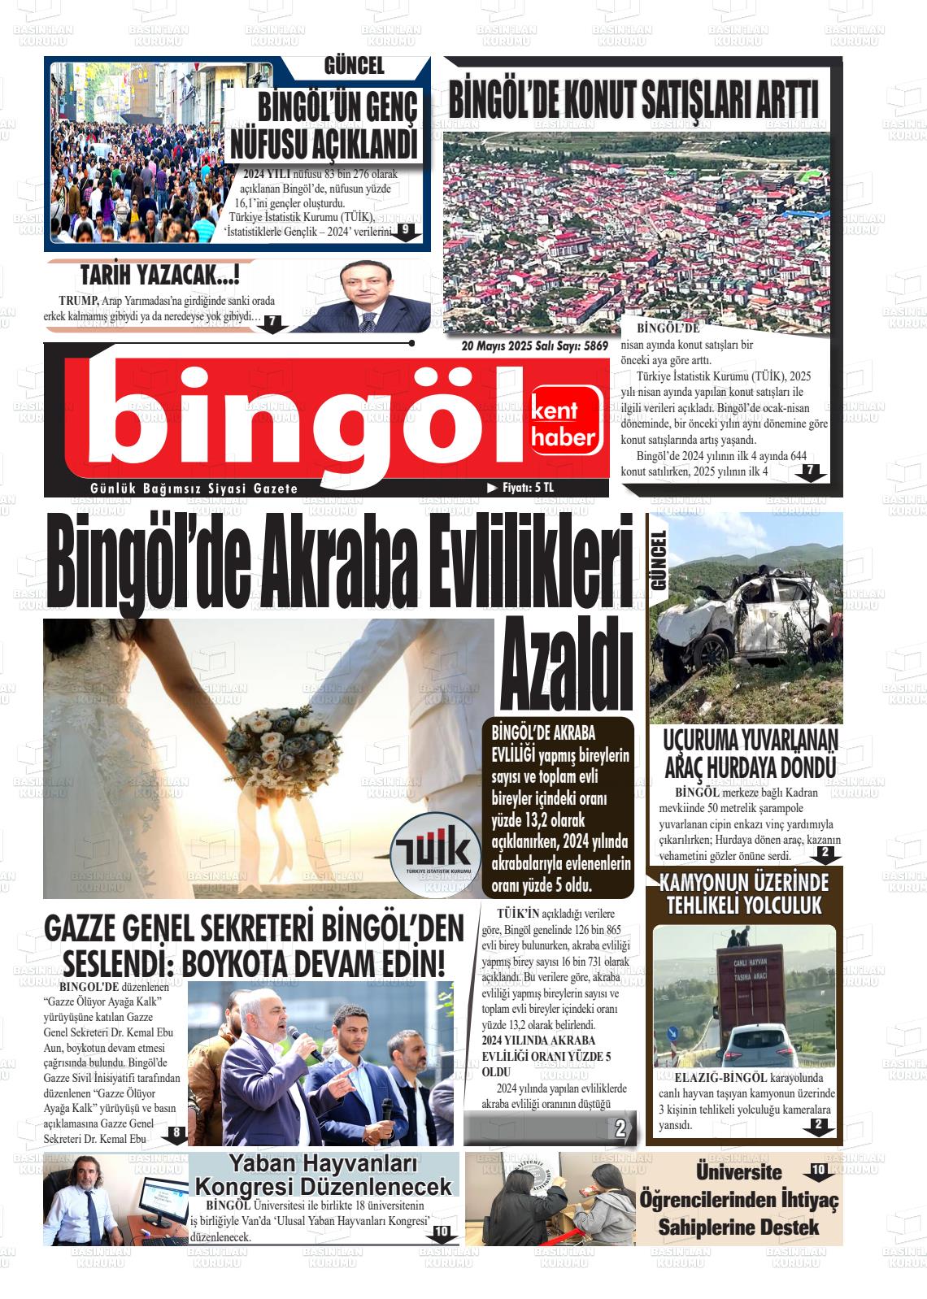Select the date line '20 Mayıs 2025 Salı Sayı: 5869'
tap(534, 345)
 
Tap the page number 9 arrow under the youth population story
tap(404, 232)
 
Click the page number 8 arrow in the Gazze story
tap(176, 1134)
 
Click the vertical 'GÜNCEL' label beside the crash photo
tap(658, 560)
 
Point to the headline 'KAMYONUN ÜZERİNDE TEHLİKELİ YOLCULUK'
tap(744, 893)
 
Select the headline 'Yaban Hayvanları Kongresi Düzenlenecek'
tap(323, 1174)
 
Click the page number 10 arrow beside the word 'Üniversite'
tap(817, 1171)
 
